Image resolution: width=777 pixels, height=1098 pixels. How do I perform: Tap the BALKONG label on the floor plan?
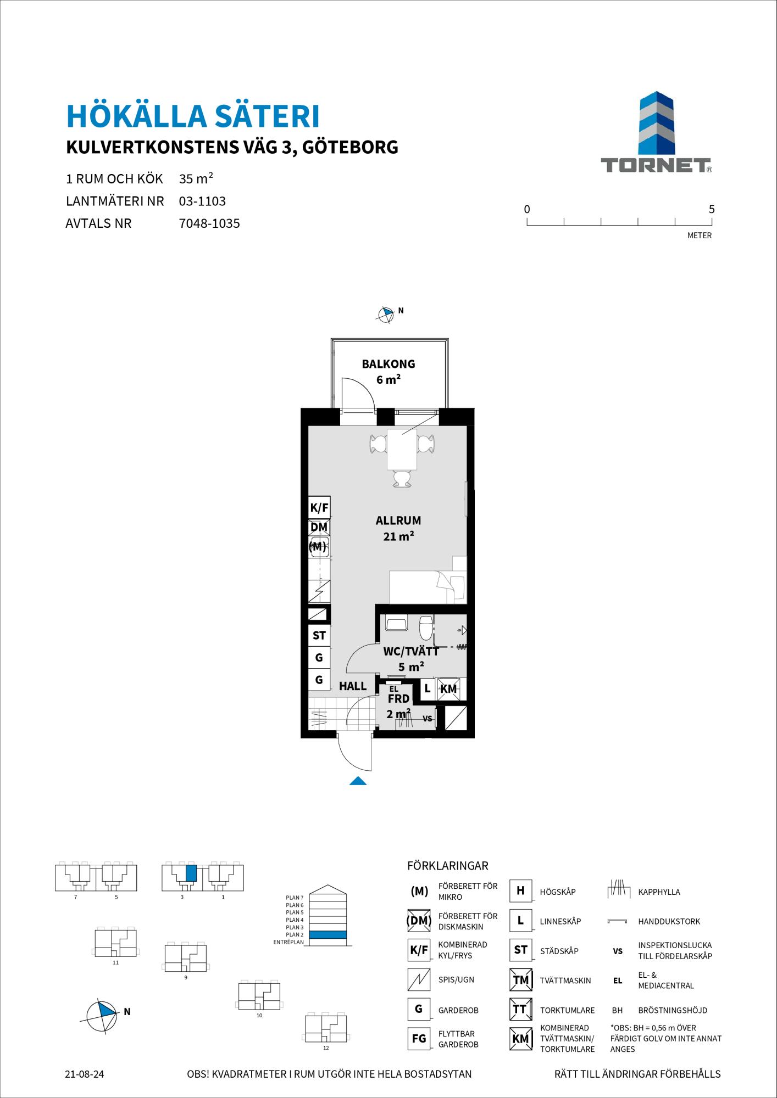coord(389,363)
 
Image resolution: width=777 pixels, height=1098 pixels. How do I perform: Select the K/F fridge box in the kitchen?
coord(319,508)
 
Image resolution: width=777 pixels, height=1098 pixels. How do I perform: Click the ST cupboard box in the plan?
coord(319,636)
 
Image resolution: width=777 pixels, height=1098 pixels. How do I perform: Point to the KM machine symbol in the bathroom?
coord(449,689)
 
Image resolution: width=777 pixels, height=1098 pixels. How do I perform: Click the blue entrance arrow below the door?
coord(358,781)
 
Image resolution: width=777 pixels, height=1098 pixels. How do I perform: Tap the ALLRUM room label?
coord(398,520)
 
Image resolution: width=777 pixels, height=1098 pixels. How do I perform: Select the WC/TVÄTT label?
coord(411,652)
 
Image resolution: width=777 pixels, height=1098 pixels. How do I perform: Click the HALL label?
coord(353,686)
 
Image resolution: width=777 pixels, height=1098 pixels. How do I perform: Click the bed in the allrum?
coord(428,587)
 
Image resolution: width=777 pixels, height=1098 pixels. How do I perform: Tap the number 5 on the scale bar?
coord(712,209)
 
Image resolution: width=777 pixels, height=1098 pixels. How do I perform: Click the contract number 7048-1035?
coord(209,223)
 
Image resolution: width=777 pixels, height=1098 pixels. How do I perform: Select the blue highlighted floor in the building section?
coord(328,934)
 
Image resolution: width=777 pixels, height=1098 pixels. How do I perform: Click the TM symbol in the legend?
coord(520,980)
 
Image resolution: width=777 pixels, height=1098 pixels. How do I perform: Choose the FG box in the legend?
coord(419,1039)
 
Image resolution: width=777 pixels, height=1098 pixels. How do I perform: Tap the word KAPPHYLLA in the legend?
coord(659,892)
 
